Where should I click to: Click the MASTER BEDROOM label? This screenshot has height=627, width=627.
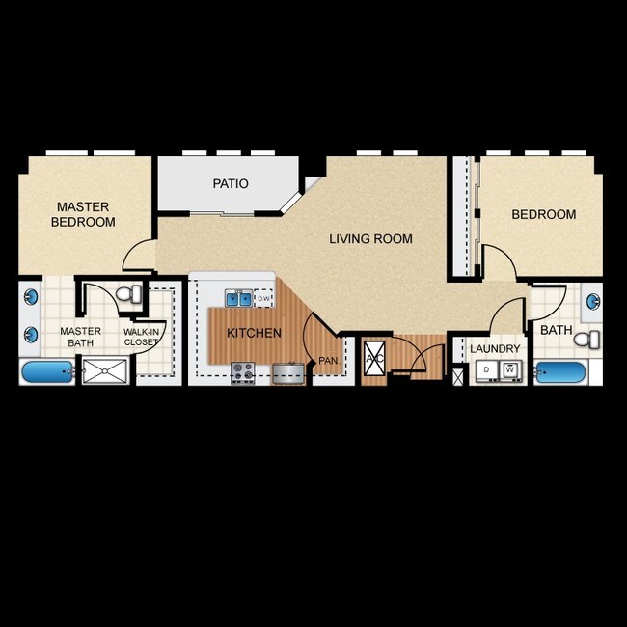coord(85,214)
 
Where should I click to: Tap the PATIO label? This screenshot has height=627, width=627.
coord(230,183)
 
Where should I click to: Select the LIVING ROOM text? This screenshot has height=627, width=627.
coord(370,239)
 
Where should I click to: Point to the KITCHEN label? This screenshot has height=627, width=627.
coord(254,333)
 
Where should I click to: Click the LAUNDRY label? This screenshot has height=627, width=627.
coord(495,348)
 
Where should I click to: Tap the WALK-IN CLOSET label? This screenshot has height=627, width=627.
coord(141,336)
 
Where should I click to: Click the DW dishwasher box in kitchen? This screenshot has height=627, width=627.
coord(264,299)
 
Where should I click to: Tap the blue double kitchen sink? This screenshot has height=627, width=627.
coord(238,298)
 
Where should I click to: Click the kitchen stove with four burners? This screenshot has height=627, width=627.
coord(242,371)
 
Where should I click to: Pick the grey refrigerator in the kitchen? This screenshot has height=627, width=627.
coord(286,372)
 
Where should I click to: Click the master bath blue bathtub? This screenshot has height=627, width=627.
coord(47,371)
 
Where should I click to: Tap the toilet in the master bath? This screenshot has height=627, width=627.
coord(128,292)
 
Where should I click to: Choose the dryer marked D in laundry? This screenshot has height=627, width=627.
coord(487,369)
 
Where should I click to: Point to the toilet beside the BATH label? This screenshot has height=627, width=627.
coord(591,339)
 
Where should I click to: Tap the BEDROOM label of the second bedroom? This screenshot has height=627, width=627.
coord(543,214)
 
